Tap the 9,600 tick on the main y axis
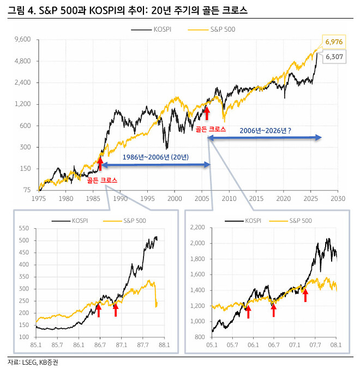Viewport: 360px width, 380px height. click(x=24, y=40)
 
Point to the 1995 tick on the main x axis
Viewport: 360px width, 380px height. click(x=147, y=199)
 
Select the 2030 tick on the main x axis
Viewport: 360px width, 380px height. click(x=338, y=199)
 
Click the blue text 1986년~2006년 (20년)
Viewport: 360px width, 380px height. click(x=155, y=157)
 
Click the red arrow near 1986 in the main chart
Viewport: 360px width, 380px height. click(x=100, y=163)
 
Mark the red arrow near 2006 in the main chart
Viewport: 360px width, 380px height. click(x=207, y=112)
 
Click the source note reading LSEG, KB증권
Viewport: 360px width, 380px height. click(x=38, y=362)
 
